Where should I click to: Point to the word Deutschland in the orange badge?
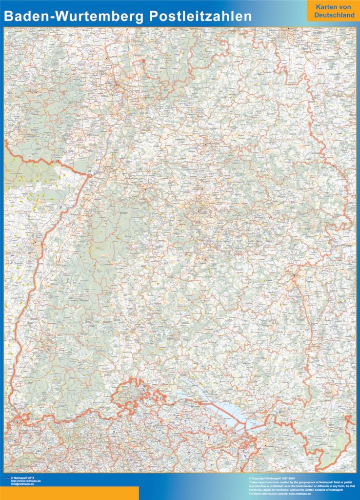tap(334, 16)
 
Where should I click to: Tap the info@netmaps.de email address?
tap(22, 484)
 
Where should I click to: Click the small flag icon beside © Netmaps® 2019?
tap(6, 478)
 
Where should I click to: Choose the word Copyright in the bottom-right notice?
tap(260, 478)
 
